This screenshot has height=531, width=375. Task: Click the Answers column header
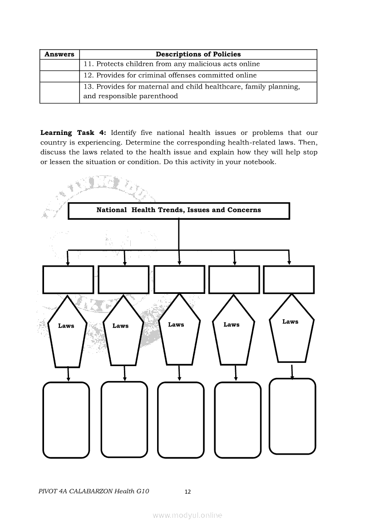click(59, 54)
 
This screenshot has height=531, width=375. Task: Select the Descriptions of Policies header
click(198, 54)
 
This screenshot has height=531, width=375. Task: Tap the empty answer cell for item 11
click(59, 65)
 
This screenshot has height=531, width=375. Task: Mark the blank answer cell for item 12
click(59, 76)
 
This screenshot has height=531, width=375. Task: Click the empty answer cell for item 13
click(59, 92)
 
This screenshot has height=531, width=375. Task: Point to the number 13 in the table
click(88, 87)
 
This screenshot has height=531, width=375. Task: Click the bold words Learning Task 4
click(73, 133)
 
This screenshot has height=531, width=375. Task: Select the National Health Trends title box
click(178, 210)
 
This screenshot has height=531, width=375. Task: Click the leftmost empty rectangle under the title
click(68, 279)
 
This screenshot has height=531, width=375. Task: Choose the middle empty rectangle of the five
click(179, 279)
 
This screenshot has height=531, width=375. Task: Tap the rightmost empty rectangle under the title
click(289, 279)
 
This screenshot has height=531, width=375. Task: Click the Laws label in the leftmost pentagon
click(66, 326)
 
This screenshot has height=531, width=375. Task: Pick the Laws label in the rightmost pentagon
click(290, 322)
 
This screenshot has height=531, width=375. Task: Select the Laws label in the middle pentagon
click(176, 324)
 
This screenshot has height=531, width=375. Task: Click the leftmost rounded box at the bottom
click(66, 420)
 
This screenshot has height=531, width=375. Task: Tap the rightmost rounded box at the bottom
click(292, 416)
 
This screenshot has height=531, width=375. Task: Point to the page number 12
click(188, 491)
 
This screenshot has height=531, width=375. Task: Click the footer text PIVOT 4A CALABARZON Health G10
click(94, 491)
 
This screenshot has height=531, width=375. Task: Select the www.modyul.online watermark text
click(187, 515)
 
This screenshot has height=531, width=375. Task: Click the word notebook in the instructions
click(260, 162)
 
